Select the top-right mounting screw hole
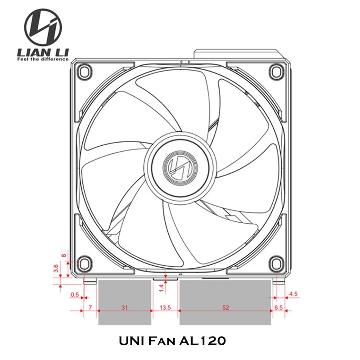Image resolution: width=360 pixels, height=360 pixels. pos(276,70)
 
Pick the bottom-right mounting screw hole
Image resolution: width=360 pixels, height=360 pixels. pos(276,263)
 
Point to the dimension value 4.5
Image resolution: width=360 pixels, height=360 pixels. pos(293,294)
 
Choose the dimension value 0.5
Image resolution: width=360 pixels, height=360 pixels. pos(75,295)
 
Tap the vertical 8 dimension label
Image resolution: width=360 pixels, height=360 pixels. pos(63,256)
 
